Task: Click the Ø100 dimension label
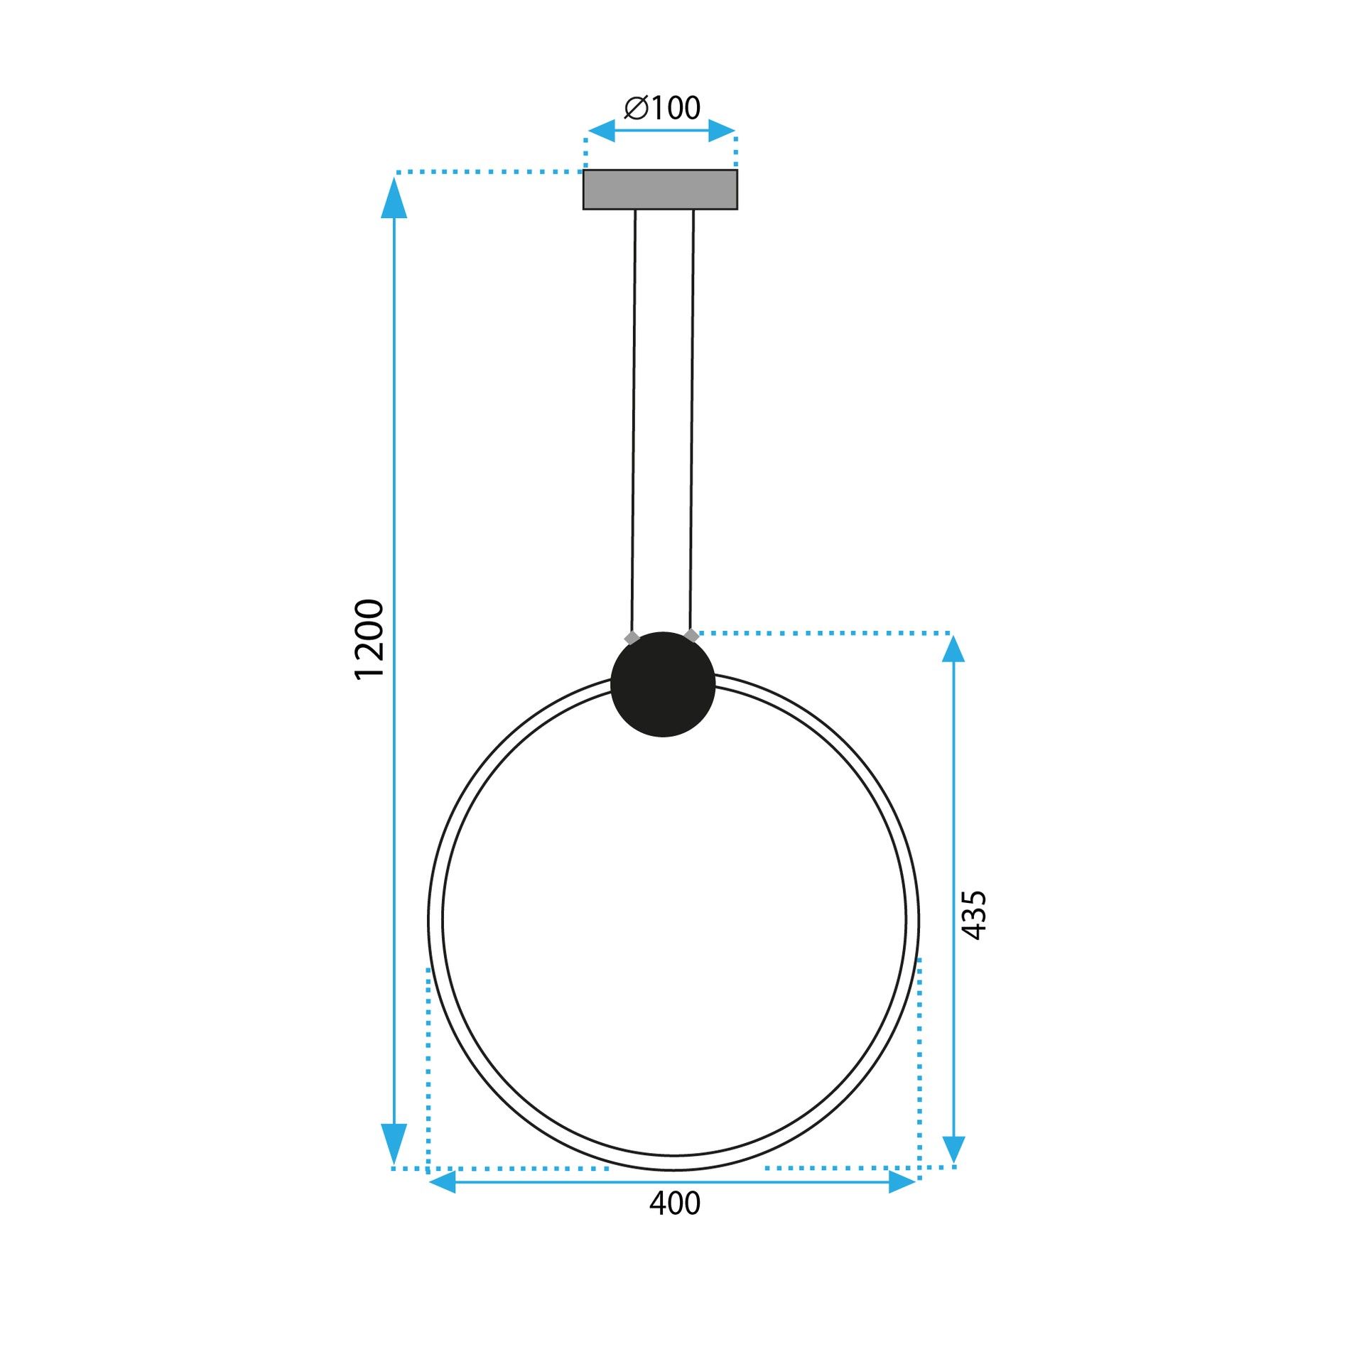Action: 662,108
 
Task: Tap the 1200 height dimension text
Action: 369,639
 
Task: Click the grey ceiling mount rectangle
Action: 660,190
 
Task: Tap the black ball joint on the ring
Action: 663,684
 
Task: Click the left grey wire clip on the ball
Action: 632,637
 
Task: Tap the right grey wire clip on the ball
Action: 691,635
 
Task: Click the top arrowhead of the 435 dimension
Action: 953,649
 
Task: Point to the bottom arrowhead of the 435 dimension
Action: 953,1149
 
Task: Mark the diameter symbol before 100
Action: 637,108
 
